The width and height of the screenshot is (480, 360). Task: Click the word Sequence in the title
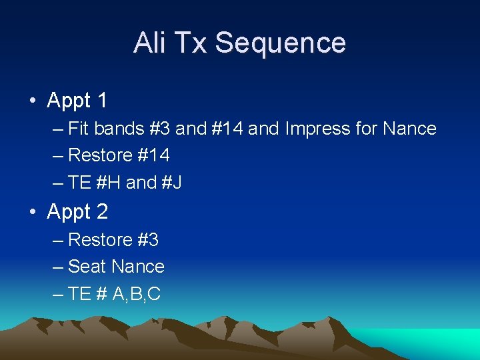(x=280, y=43)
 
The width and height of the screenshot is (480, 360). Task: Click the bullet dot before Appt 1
(x=32, y=101)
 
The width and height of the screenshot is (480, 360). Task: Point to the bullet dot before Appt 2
(x=32, y=213)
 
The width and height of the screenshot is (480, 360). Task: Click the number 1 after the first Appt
(x=101, y=101)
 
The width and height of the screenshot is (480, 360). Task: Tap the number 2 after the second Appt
(x=101, y=212)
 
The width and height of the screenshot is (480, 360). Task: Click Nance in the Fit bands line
(x=410, y=128)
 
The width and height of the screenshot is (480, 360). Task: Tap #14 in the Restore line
(x=154, y=155)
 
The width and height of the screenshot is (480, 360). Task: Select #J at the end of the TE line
(x=171, y=182)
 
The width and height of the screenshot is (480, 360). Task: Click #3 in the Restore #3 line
(x=148, y=239)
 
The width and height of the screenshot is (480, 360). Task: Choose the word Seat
(x=87, y=267)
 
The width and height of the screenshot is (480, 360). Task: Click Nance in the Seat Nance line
(x=137, y=267)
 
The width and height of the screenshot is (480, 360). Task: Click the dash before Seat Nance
(x=57, y=267)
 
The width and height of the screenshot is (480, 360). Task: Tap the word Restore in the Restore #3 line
(x=100, y=239)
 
